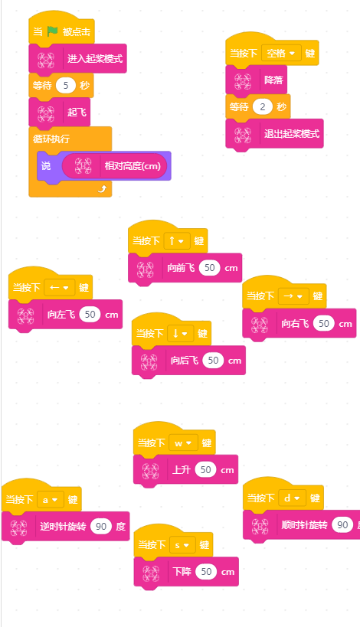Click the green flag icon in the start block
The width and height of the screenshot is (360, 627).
52,31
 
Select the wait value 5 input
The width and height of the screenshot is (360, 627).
66,85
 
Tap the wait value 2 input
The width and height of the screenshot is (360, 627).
263,106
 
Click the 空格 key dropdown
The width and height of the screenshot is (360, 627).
281,53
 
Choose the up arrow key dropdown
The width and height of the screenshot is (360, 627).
177,240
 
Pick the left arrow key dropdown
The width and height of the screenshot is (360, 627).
60,288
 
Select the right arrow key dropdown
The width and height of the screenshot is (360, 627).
293,296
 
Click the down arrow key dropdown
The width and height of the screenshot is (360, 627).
181,334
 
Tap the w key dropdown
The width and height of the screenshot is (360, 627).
184,443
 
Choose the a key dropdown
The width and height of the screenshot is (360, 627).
51,500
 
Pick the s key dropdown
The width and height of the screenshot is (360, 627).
182,545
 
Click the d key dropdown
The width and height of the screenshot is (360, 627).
293,498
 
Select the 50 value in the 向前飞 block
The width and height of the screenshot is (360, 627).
210,268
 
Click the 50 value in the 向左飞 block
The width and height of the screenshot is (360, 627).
90,315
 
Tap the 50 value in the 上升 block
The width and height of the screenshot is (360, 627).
205,469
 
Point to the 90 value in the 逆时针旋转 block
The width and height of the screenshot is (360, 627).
101,526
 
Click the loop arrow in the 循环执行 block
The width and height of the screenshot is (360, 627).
102,189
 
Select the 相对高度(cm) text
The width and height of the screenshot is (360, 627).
133,166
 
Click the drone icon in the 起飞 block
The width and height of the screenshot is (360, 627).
46,113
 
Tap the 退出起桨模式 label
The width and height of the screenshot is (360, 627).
292,133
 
